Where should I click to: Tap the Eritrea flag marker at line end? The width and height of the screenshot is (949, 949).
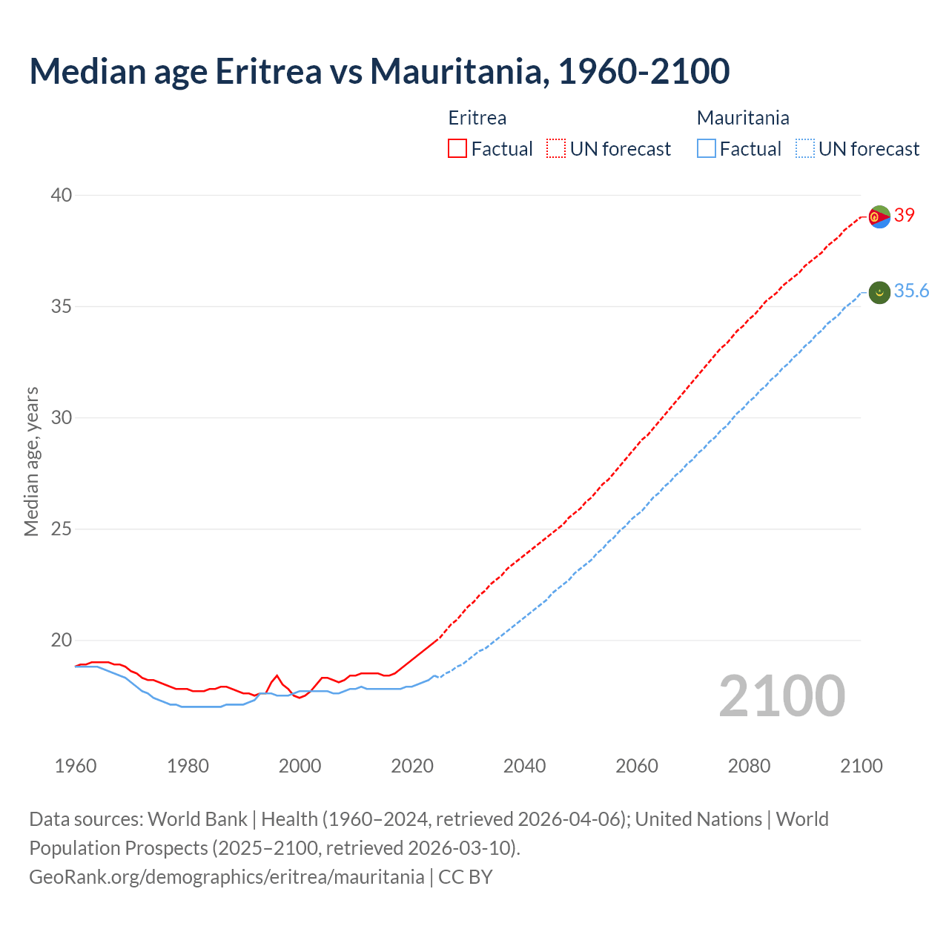tap(879, 216)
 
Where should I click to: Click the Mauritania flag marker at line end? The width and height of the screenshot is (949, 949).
tap(879, 292)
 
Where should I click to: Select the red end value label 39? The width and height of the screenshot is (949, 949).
tap(905, 215)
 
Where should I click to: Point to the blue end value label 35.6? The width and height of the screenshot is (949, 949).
tap(911, 291)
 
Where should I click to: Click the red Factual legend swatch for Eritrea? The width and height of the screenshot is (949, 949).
tap(457, 149)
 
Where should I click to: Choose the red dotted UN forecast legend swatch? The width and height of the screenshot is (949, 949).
tap(556, 149)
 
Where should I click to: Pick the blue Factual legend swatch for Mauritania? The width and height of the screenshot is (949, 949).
tap(707, 149)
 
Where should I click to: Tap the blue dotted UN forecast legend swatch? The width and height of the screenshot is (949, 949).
tap(804, 149)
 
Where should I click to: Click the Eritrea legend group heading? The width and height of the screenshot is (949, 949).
tap(477, 118)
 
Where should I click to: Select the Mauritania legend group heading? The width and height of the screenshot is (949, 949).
tap(743, 118)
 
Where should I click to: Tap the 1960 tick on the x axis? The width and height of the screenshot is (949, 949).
tap(76, 766)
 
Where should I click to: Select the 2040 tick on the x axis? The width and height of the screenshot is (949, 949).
tap(524, 766)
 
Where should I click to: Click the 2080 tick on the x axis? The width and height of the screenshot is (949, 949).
tap(749, 766)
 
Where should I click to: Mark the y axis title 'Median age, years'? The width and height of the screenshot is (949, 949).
tap(31, 461)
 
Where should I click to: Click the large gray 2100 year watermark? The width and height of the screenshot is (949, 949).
tap(781, 696)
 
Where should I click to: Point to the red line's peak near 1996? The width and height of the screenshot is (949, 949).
tap(277, 675)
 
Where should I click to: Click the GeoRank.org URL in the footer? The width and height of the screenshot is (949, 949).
tap(226, 877)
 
